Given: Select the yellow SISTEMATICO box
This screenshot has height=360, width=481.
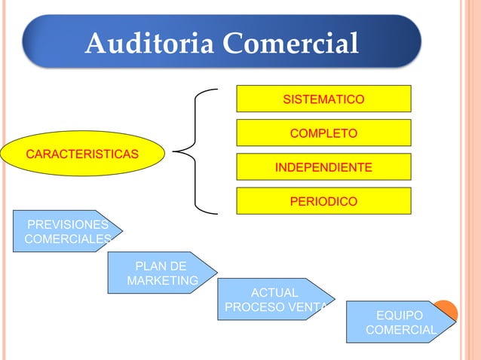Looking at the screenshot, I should (323, 99).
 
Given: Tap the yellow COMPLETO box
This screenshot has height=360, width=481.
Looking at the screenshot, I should (323, 133).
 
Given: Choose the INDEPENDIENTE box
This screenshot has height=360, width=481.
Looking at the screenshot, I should (323, 167).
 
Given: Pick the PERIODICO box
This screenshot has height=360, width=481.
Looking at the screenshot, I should (323, 201).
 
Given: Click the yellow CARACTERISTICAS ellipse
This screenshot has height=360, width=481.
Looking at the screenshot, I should (82, 155).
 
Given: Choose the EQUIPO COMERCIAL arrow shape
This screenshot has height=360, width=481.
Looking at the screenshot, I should (399, 322).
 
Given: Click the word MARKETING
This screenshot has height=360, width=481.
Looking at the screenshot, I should (163, 281).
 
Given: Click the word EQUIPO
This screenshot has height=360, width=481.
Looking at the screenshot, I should (400, 315).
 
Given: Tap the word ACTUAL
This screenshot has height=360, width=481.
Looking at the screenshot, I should (274, 292).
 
